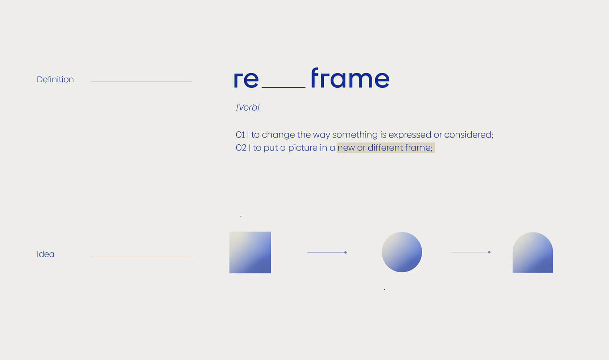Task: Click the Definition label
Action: point(55,79)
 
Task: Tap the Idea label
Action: point(45,254)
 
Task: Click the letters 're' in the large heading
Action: point(246,79)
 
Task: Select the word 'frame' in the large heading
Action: point(350,78)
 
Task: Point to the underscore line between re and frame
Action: point(283,88)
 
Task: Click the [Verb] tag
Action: point(248,107)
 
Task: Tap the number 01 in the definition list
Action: point(240,135)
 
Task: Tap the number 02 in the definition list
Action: point(241,148)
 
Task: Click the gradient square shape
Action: point(250,252)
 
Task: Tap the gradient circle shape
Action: point(402,252)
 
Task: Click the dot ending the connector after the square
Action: point(345,253)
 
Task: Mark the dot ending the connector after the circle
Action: point(489,252)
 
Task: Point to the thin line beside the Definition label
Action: point(141,81)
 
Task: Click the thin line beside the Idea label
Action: point(141,257)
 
